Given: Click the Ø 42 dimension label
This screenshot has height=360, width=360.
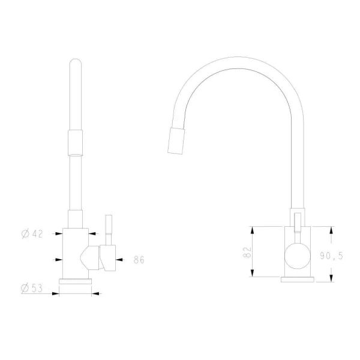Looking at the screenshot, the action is pyautogui.click(x=32, y=234).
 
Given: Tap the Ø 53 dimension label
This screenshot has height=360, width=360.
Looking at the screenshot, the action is pyautogui.click(x=32, y=288).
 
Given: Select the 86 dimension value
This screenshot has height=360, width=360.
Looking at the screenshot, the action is pyautogui.click(x=139, y=260).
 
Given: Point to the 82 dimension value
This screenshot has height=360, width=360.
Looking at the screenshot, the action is pyautogui.click(x=247, y=252).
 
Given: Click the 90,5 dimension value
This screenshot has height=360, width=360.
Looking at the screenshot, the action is pyautogui.click(x=331, y=256).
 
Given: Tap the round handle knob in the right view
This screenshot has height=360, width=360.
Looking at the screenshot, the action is pyautogui.click(x=298, y=256).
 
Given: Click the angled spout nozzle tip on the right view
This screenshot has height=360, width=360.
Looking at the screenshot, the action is pyautogui.click(x=176, y=141).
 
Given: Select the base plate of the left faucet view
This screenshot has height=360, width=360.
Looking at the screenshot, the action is pyautogui.click(x=76, y=281).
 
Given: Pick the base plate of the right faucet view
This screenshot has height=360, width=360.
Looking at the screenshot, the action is pyautogui.click(x=298, y=280).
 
